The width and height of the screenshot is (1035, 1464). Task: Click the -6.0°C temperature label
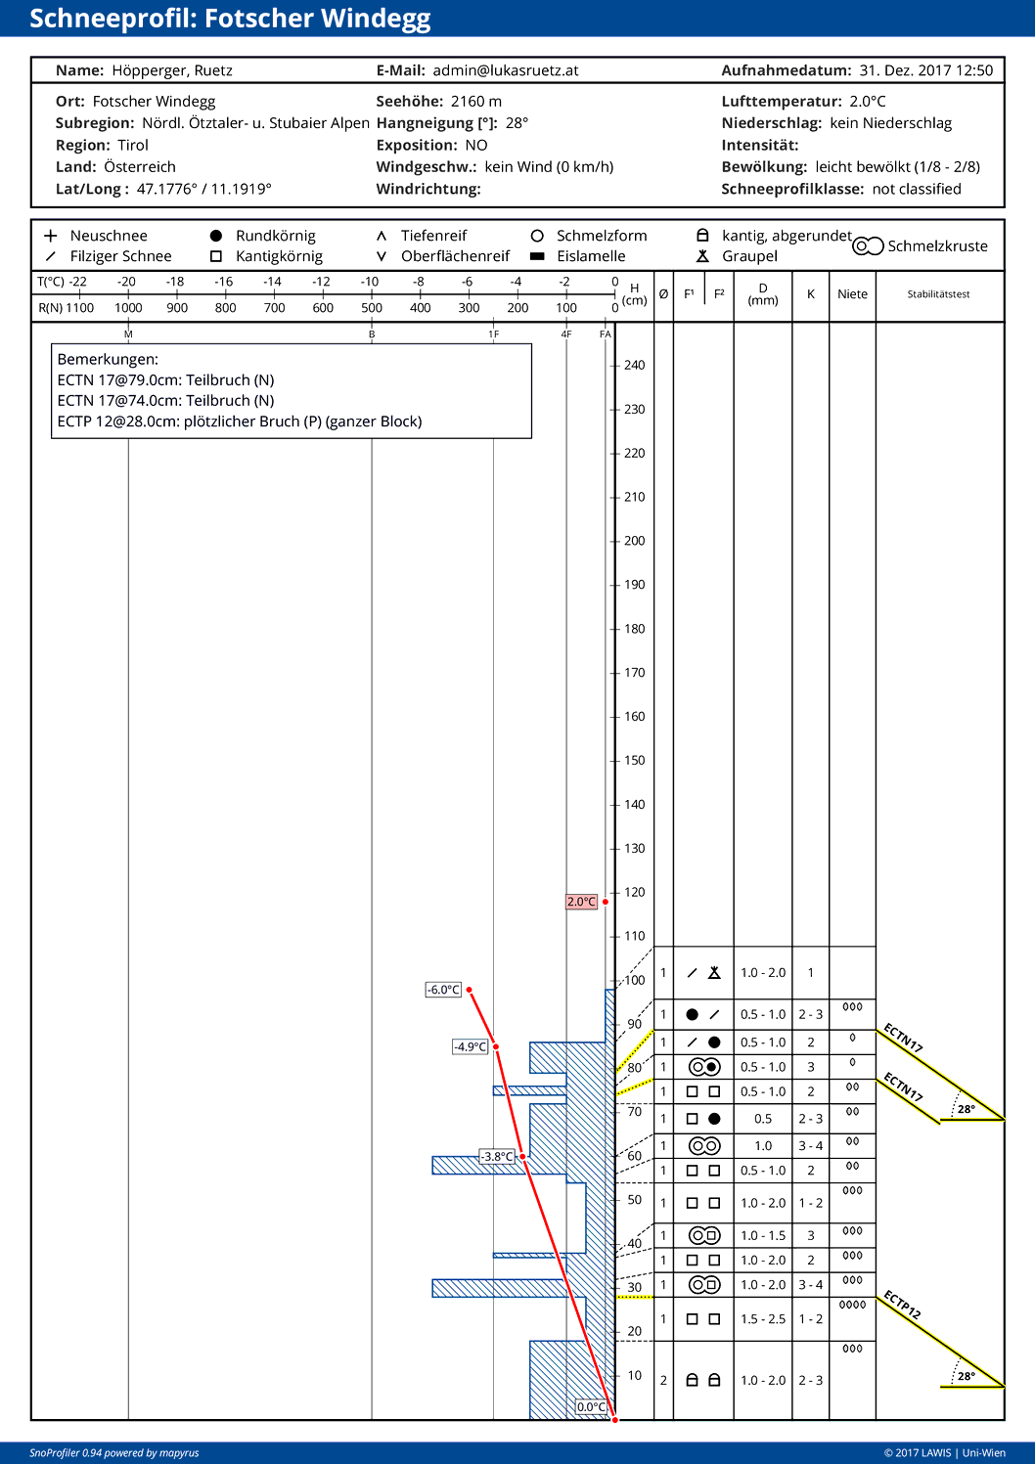(443, 990)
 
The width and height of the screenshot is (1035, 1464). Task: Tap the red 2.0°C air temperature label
(581, 902)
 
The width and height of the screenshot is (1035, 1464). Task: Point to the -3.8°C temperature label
(497, 1157)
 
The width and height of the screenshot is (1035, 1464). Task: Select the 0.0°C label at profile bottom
(591, 1407)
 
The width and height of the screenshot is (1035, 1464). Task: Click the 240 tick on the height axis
(634, 366)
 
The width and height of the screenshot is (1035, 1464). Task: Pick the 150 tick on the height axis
(634, 761)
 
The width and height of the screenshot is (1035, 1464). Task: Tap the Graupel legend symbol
(702, 256)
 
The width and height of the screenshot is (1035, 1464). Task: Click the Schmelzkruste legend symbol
(868, 246)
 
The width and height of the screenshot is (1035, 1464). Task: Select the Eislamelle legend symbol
(537, 256)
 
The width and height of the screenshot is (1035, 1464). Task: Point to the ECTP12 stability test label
(902, 1305)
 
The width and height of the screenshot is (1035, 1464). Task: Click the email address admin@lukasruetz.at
(506, 70)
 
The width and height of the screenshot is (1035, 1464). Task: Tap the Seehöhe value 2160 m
(475, 102)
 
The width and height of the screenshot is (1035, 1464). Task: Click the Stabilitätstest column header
(938, 294)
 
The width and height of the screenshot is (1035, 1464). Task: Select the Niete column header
(852, 294)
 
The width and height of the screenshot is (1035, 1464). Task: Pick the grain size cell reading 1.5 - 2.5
(763, 1319)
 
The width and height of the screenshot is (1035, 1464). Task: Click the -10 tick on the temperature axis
(370, 282)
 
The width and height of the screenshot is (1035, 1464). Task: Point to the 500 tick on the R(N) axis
(372, 308)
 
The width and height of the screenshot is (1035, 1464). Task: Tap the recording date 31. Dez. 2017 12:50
(925, 70)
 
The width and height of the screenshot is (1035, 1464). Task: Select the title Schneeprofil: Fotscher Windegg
(230, 19)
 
